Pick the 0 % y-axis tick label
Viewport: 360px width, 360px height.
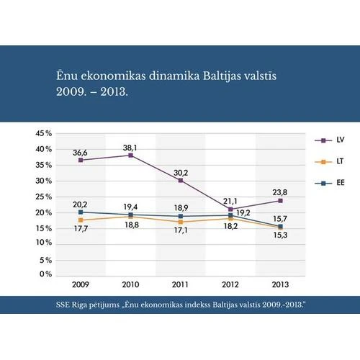click(x=45, y=274)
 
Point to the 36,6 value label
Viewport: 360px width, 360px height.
click(x=80, y=153)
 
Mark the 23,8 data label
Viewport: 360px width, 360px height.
click(x=279, y=192)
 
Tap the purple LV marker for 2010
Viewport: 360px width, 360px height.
click(x=130, y=156)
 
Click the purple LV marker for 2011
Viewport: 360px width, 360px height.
click(x=180, y=180)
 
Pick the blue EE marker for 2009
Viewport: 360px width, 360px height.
click(x=81, y=212)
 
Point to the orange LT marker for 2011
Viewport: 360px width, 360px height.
click(x=180, y=222)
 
